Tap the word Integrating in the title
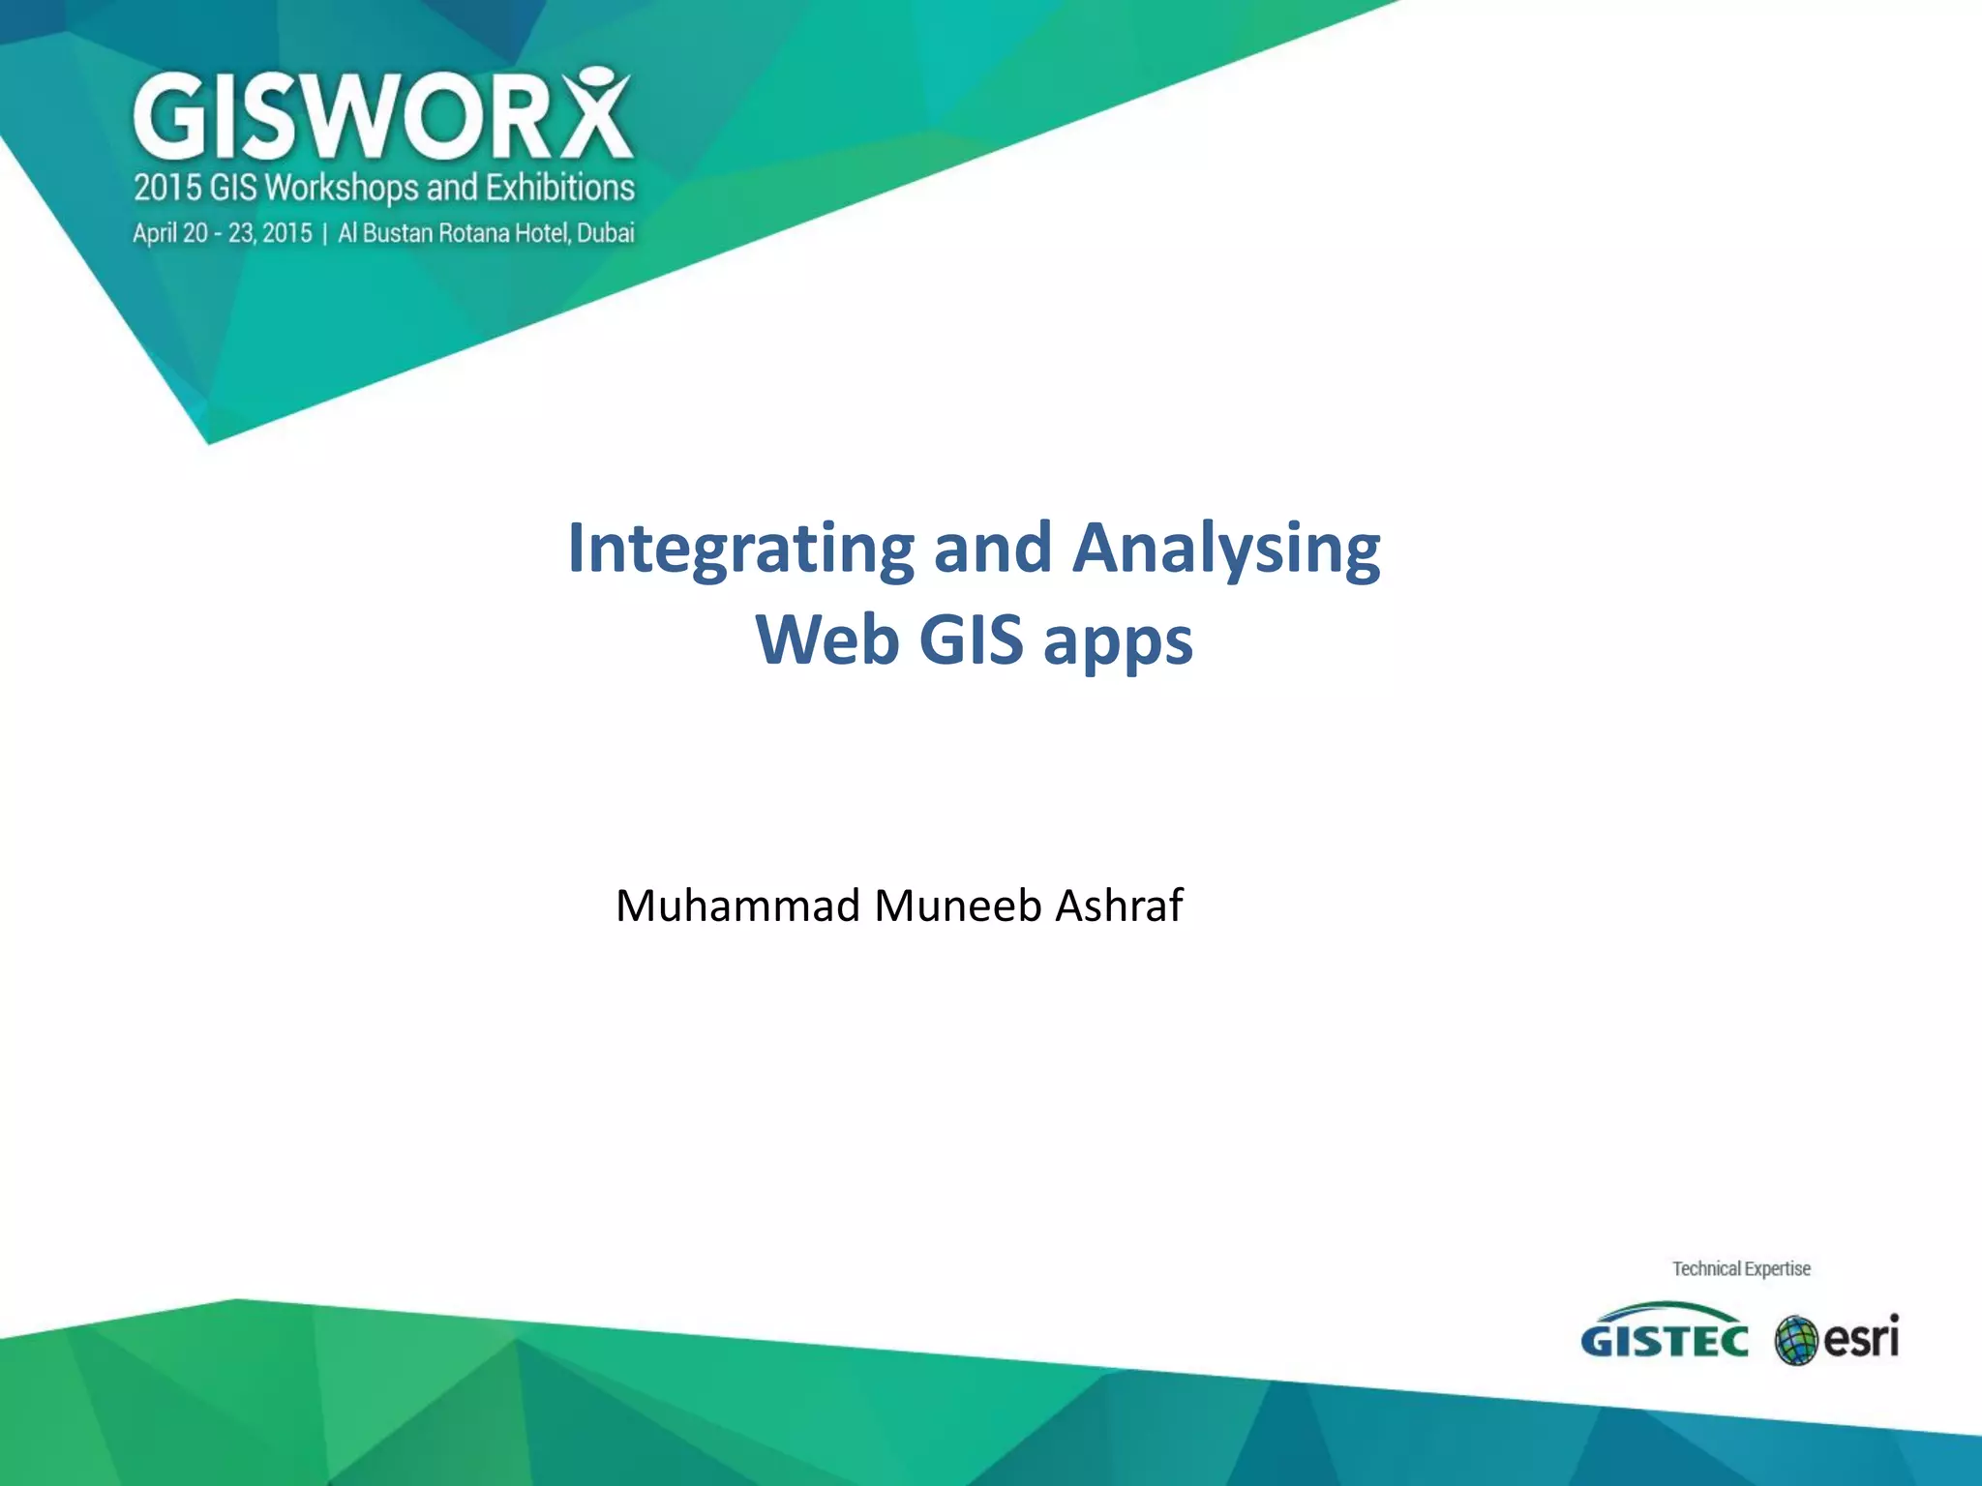coord(740,549)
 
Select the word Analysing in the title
coord(1226,549)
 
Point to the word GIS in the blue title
coord(971,640)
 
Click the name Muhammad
coord(737,906)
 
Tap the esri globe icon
coord(1796,1341)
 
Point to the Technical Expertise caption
coord(1741,1268)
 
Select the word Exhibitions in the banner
coord(559,188)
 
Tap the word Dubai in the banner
coord(606,233)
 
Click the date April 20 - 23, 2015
coord(223,233)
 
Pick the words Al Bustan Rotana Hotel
coord(454,233)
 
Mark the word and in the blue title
coord(992,549)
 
